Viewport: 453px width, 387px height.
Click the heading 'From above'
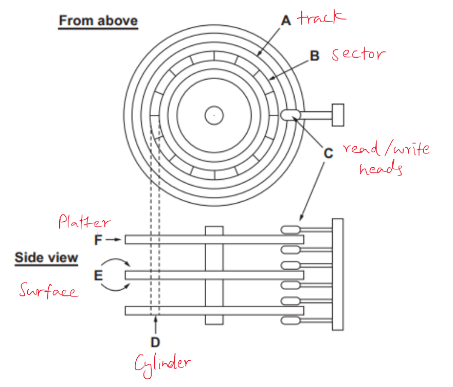coord(98,21)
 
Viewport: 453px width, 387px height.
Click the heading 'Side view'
coord(46,258)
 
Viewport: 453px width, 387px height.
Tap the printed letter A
coord(286,20)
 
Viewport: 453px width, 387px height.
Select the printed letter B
coord(315,56)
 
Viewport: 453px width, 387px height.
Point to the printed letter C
coord(328,153)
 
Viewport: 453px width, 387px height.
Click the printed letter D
coord(155,341)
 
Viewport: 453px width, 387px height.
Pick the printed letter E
coord(98,276)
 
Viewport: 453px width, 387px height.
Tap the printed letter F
coord(98,239)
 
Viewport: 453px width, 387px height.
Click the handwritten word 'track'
coord(321,19)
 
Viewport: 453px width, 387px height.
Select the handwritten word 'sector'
coord(358,54)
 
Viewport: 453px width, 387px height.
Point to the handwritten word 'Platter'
coord(84,223)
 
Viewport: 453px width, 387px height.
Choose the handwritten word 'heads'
coord(381,169)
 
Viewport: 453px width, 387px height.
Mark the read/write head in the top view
coord(288,115)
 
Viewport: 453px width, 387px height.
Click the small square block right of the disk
coord(338,114)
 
